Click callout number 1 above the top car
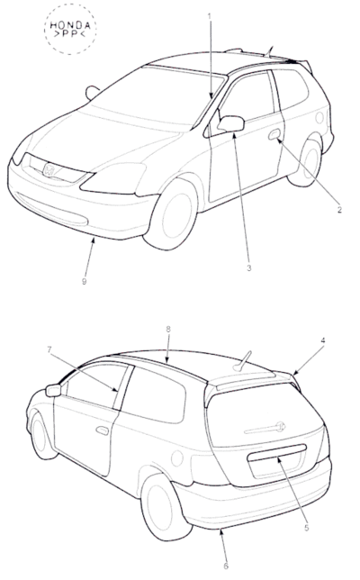click(x=209, y=16)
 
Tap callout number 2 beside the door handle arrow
click(x=339, y=210)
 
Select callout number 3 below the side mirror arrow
click(x=249, y=267)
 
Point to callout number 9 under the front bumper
click(x=85, y=282)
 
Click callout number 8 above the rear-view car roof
click(x=168, y=329)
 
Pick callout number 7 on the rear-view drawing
click(x=49, y=349)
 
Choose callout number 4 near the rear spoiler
click(x=323, y=340)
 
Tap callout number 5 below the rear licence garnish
click(x=306, y=528)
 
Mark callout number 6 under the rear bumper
click(x=226, y=566)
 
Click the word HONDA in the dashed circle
click(x=70, y=25)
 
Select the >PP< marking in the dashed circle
click(x=70, y=34)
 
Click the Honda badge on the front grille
click(x=49, y=170)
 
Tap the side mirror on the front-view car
click(x=231, y=123)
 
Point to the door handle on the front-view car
click(x=274, y=134)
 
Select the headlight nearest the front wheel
click(x=113, y=178)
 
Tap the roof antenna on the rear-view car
click(x=242, y=361)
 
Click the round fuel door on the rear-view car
click(x=177, y=458)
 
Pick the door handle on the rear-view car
click(x=102, y=430)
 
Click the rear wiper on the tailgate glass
click(x=265, y=428)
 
